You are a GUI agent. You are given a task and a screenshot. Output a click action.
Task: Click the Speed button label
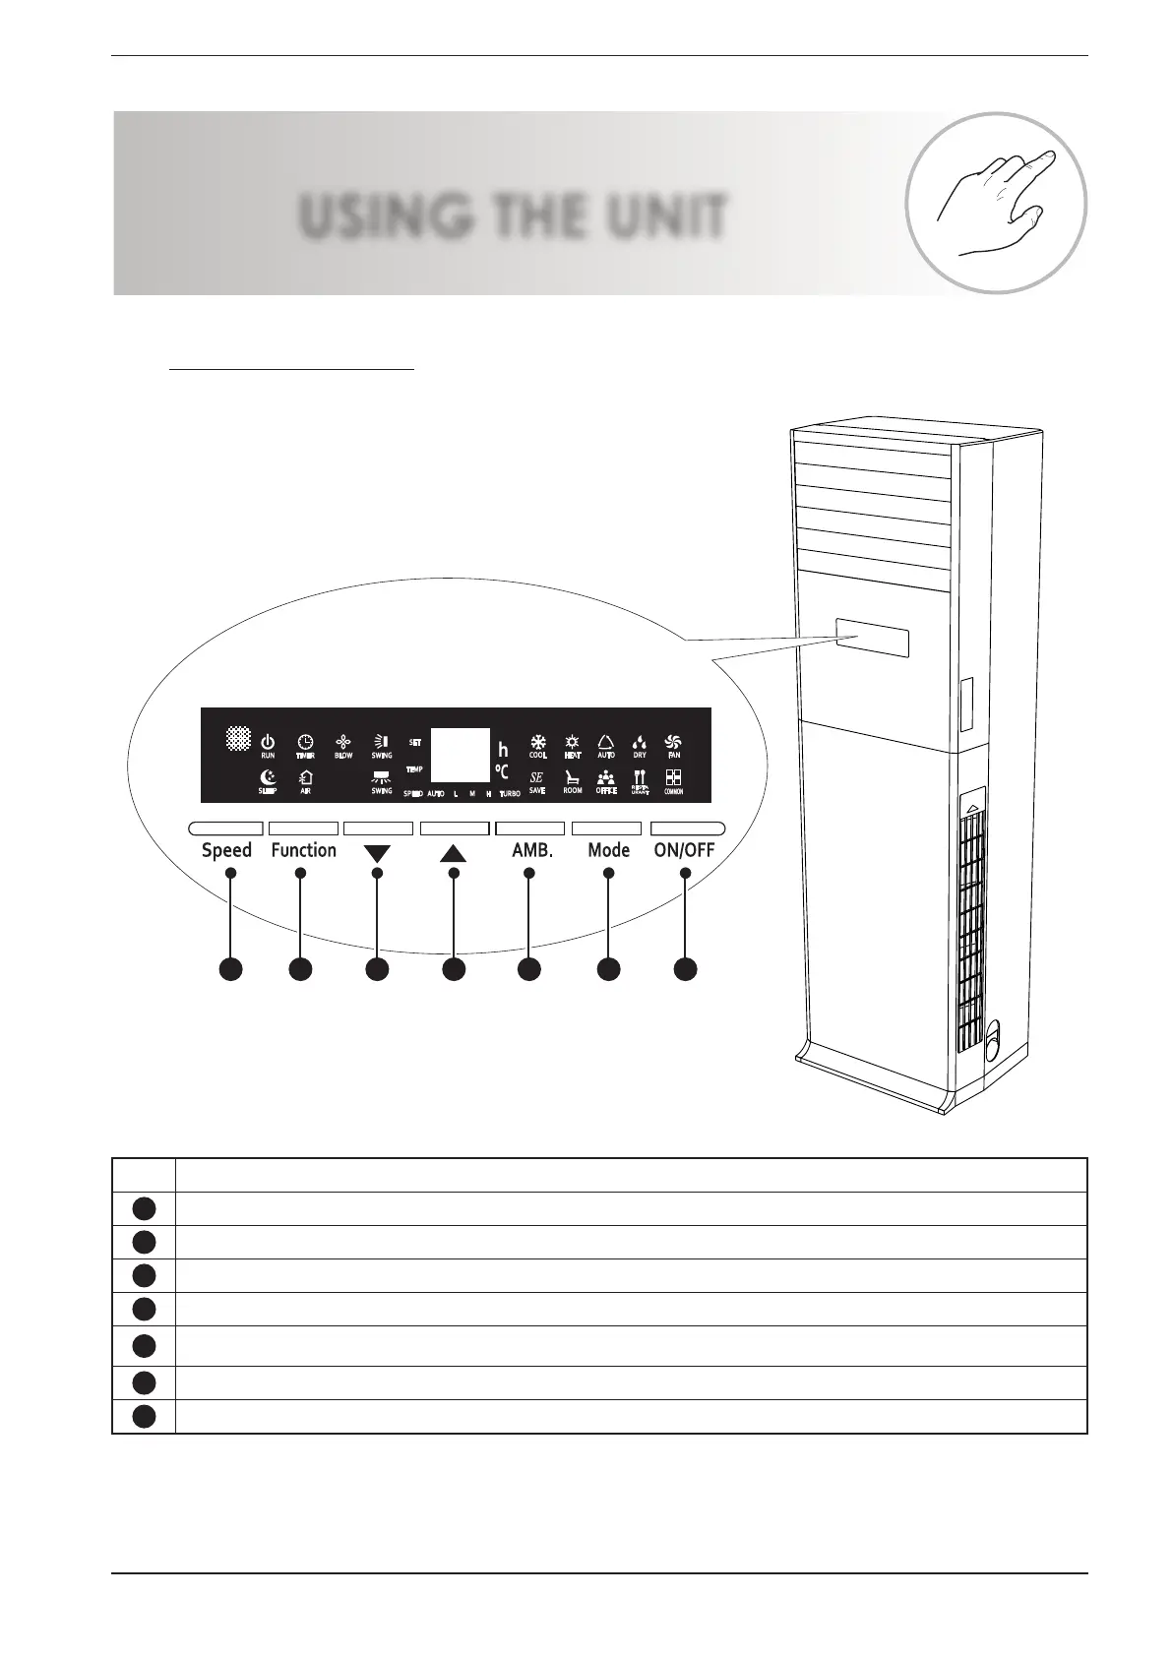pos(226,850)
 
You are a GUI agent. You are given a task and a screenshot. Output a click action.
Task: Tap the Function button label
pos(303,850)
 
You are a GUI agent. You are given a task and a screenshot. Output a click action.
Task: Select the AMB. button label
pos(532,850)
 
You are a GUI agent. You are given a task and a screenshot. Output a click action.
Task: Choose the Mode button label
pos(608,850)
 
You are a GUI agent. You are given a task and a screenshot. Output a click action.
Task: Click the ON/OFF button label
pos(685,850)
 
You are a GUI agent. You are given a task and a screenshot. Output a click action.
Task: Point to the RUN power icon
pos(268,741)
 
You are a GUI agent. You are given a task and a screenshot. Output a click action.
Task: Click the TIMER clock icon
pos(305,741)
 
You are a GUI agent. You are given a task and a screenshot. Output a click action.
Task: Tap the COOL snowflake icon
pos(538,741)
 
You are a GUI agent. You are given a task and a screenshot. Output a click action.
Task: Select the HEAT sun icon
pos(572,741)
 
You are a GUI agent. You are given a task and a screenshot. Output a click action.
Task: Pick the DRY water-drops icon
pos(640,741)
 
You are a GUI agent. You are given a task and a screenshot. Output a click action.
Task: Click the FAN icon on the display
pos(674,741)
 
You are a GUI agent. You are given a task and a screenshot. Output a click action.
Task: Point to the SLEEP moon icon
pos(268,777)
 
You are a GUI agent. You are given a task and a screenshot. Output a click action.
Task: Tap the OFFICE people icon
pos(606,777)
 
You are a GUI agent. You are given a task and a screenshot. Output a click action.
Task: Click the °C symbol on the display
pos(502,772)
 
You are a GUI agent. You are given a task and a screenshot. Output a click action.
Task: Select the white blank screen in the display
pos(461,755)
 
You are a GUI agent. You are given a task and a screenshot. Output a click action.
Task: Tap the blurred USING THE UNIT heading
pos(513,216)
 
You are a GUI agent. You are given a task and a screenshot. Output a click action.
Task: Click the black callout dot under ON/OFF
pos(686,968)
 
